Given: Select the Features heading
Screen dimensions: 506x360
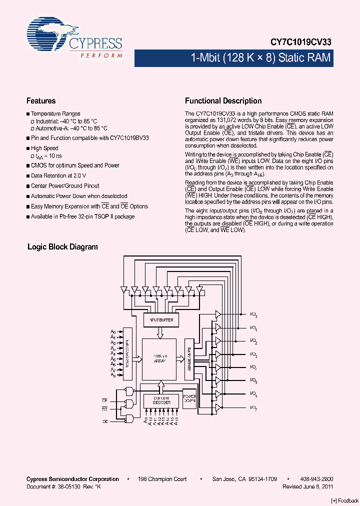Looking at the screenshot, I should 41,100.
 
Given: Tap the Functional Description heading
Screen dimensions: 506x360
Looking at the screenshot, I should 223,100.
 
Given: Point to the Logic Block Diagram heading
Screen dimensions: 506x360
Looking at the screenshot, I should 62,247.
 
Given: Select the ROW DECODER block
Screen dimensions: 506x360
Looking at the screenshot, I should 127,352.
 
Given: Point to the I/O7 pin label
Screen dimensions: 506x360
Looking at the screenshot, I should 254,408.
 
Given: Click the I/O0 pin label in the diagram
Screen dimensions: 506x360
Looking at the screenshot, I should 254,315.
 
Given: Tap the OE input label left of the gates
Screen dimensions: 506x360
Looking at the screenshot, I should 105,422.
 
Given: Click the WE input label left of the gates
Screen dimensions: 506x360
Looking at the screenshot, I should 105,408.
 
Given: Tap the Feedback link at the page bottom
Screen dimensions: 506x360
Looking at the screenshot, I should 345,501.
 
